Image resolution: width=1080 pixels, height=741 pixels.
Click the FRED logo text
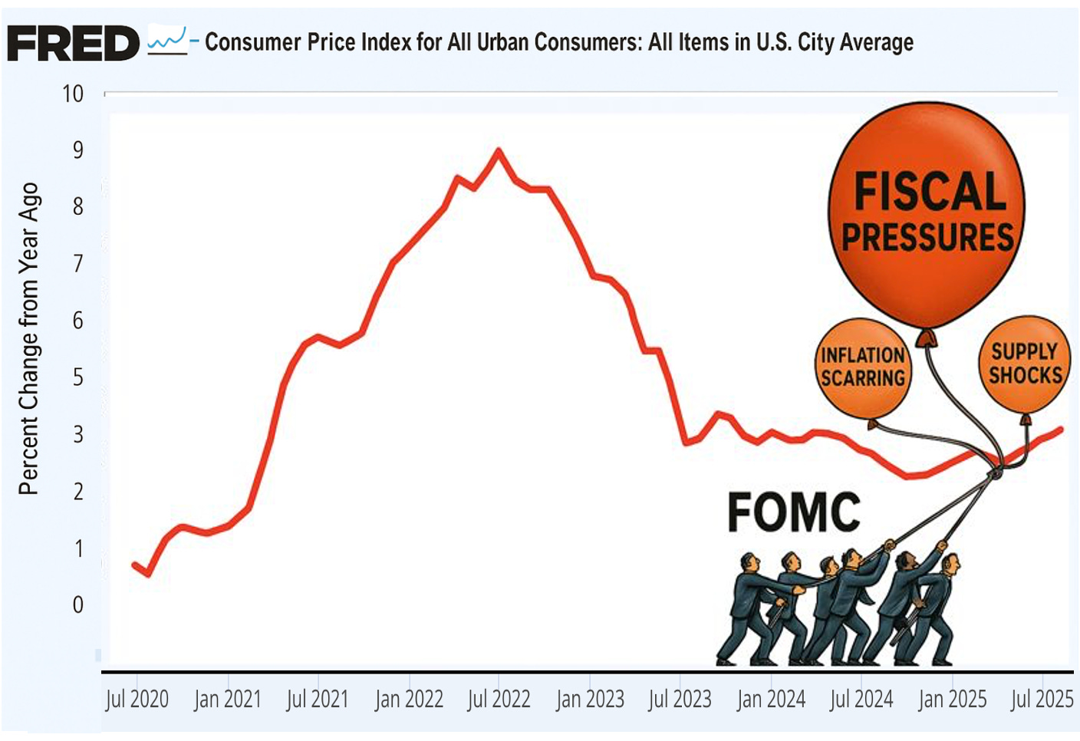[73, 43]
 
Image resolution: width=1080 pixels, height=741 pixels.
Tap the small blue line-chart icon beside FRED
[167, 40]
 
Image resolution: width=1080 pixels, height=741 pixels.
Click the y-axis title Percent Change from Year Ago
[28, 338]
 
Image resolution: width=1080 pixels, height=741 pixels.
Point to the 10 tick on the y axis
[73, 94]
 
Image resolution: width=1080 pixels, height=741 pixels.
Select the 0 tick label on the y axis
[77, 604]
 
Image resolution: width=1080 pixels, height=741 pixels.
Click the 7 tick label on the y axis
[77, 264]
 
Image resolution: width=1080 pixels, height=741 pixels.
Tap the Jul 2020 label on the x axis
[137, 699]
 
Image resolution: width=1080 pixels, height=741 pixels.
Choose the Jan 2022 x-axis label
[409, 699]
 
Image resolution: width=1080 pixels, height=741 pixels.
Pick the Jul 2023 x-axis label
[680, 699]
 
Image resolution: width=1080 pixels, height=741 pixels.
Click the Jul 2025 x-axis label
[1042, 699]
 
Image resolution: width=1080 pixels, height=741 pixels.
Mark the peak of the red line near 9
[499, 150]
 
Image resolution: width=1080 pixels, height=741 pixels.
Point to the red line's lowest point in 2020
[147, 574]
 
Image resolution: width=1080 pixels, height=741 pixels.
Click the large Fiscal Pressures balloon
[927, 214]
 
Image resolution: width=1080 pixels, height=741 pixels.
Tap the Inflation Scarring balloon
[863, 367]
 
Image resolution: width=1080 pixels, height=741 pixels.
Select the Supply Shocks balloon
[1025, 364]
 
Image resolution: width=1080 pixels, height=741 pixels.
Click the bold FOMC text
[793, 512]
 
